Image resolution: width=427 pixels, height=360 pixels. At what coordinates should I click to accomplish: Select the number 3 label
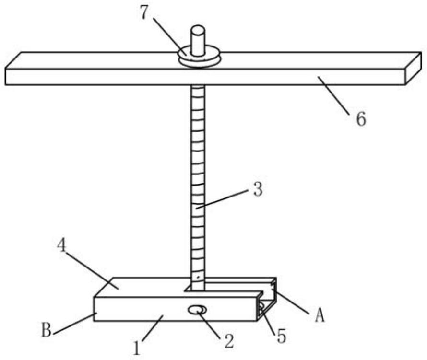coord(258,190)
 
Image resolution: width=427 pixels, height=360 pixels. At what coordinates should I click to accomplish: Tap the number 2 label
coord(228,341)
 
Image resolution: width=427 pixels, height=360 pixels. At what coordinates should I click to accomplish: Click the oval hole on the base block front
coord(197,310)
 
